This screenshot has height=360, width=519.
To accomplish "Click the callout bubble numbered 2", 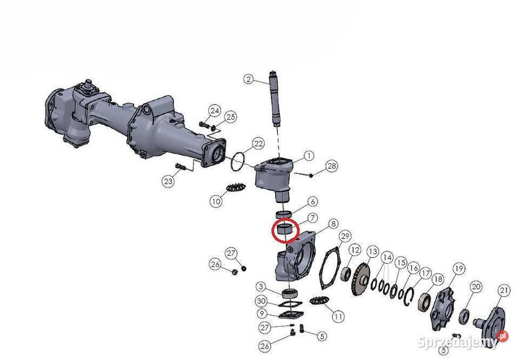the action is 249,79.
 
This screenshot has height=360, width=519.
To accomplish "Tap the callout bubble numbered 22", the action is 258,144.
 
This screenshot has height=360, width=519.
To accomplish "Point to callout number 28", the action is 331,165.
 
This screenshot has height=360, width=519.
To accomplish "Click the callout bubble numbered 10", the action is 216,201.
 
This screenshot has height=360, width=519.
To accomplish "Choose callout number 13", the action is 372,252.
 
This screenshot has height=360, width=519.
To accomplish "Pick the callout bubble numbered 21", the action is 504,291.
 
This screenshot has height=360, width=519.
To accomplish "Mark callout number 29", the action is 345,236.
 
